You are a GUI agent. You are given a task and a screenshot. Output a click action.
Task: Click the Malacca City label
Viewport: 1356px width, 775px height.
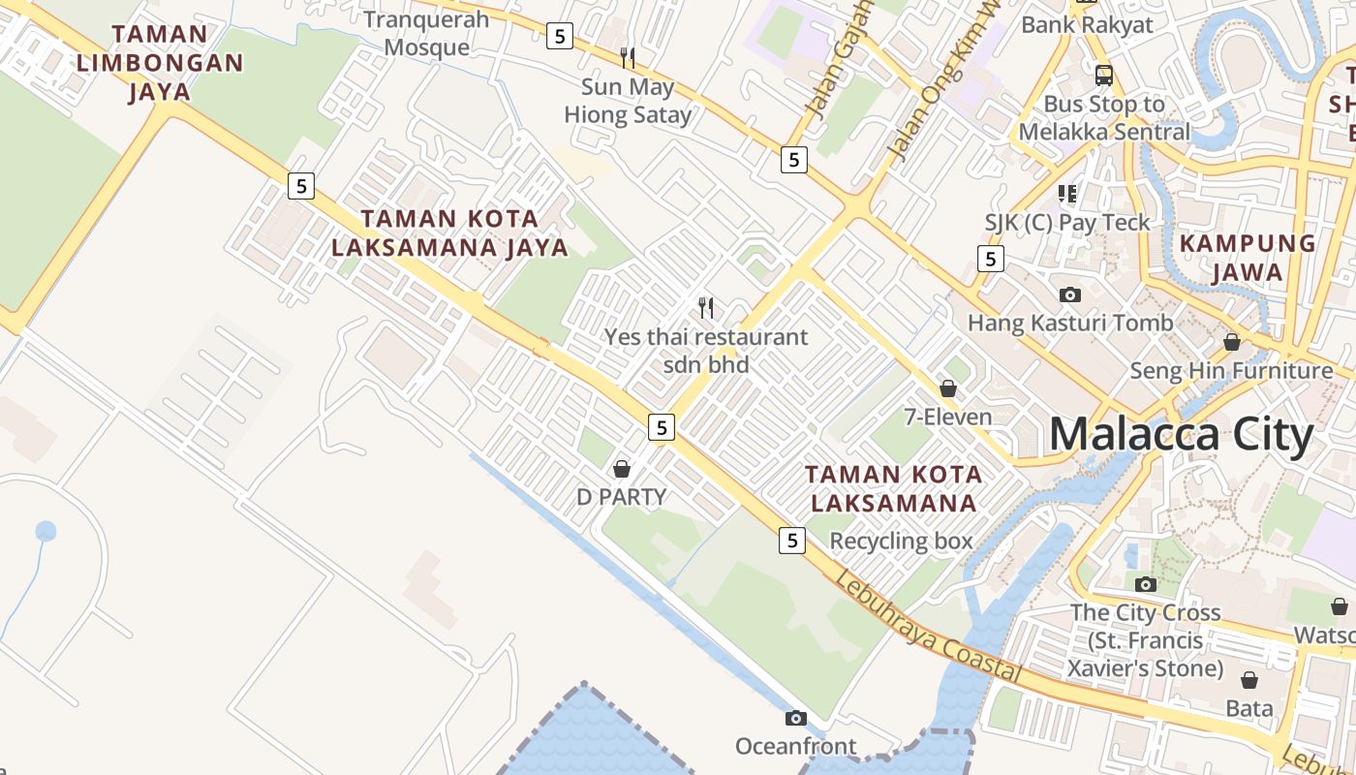1181,434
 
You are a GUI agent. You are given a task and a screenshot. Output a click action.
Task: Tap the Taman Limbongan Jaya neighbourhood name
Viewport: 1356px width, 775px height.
160,63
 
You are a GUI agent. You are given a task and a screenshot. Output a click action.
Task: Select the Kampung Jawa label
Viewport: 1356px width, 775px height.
1248,257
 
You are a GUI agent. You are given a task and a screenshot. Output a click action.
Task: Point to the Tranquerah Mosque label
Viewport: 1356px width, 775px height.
427,33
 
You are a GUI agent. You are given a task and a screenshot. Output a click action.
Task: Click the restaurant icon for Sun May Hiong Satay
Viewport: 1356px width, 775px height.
628,58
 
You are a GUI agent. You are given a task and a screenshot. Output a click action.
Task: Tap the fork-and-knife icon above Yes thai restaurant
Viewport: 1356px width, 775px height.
706,308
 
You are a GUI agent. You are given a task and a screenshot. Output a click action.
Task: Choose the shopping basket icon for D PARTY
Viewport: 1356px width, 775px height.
622,469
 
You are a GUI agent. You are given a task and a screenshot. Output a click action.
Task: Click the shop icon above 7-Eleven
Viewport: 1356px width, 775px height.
948,388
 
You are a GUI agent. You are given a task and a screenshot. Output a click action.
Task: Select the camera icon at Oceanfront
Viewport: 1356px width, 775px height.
796,718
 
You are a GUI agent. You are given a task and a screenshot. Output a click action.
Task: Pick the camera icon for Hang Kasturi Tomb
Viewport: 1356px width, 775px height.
1070,294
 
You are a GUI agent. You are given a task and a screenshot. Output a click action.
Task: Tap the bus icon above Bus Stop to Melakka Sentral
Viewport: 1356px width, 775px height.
1104,75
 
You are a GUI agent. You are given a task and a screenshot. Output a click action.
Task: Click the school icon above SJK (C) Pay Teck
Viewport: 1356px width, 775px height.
1067,194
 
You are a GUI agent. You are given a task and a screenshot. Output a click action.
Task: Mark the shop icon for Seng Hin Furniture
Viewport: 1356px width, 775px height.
1232,342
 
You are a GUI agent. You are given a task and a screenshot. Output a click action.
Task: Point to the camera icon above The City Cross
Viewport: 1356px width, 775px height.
1146,584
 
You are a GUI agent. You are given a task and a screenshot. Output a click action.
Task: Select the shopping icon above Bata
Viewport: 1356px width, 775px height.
1249,680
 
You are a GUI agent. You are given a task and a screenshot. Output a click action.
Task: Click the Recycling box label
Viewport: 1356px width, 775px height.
901,541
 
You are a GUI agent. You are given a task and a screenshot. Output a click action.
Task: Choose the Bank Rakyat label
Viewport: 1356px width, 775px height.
1087,25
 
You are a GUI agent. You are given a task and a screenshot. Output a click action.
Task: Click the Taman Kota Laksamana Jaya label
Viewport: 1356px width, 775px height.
449,232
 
